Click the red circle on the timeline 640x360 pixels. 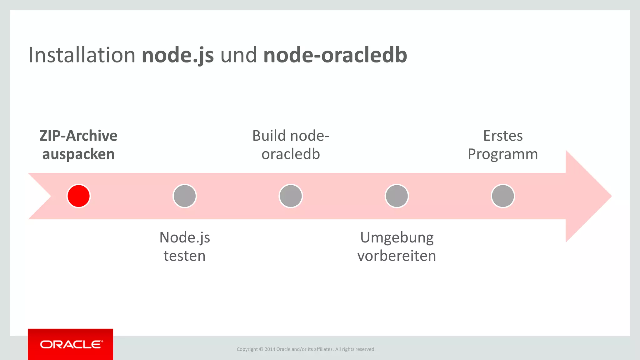pos(78,196)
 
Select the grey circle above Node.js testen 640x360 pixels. pos(184,196)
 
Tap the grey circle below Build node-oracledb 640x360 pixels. pos(291,196)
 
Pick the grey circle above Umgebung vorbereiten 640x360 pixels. pos(397,196)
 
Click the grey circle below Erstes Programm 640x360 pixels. pos(502,196)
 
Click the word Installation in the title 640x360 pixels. pos(82,55)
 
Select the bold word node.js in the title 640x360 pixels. pos(177,55)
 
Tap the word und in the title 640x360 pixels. pos(238,55)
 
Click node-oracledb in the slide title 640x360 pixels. pos(335,55)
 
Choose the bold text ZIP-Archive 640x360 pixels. pos(78,136)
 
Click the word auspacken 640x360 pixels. pos(78,154)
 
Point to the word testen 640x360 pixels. pos(184,256)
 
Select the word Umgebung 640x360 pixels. pos(397,238)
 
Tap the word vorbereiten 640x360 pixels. pos(397,256)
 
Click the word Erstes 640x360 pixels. pos(502,136)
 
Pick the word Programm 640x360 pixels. pos(502,154)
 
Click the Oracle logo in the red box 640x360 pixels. pos(71,344)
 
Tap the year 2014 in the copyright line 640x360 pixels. pos(270,349)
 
